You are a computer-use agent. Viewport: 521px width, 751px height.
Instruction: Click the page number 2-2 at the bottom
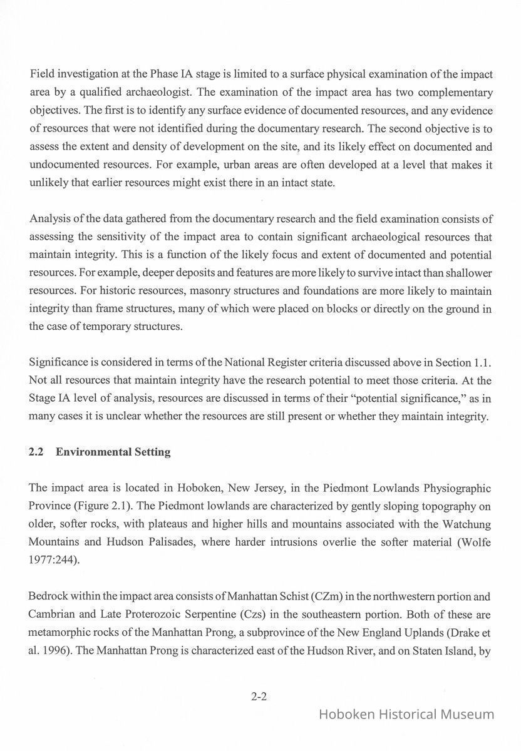coord(259,696)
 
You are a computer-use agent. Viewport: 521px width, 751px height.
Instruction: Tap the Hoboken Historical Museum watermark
coord(406,715)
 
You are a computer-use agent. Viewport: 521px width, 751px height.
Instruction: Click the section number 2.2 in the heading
coord(36,452)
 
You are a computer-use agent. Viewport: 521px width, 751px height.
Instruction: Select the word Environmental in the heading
coord(93,452)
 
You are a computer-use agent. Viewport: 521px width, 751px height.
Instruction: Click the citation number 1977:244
coord(53,559)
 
